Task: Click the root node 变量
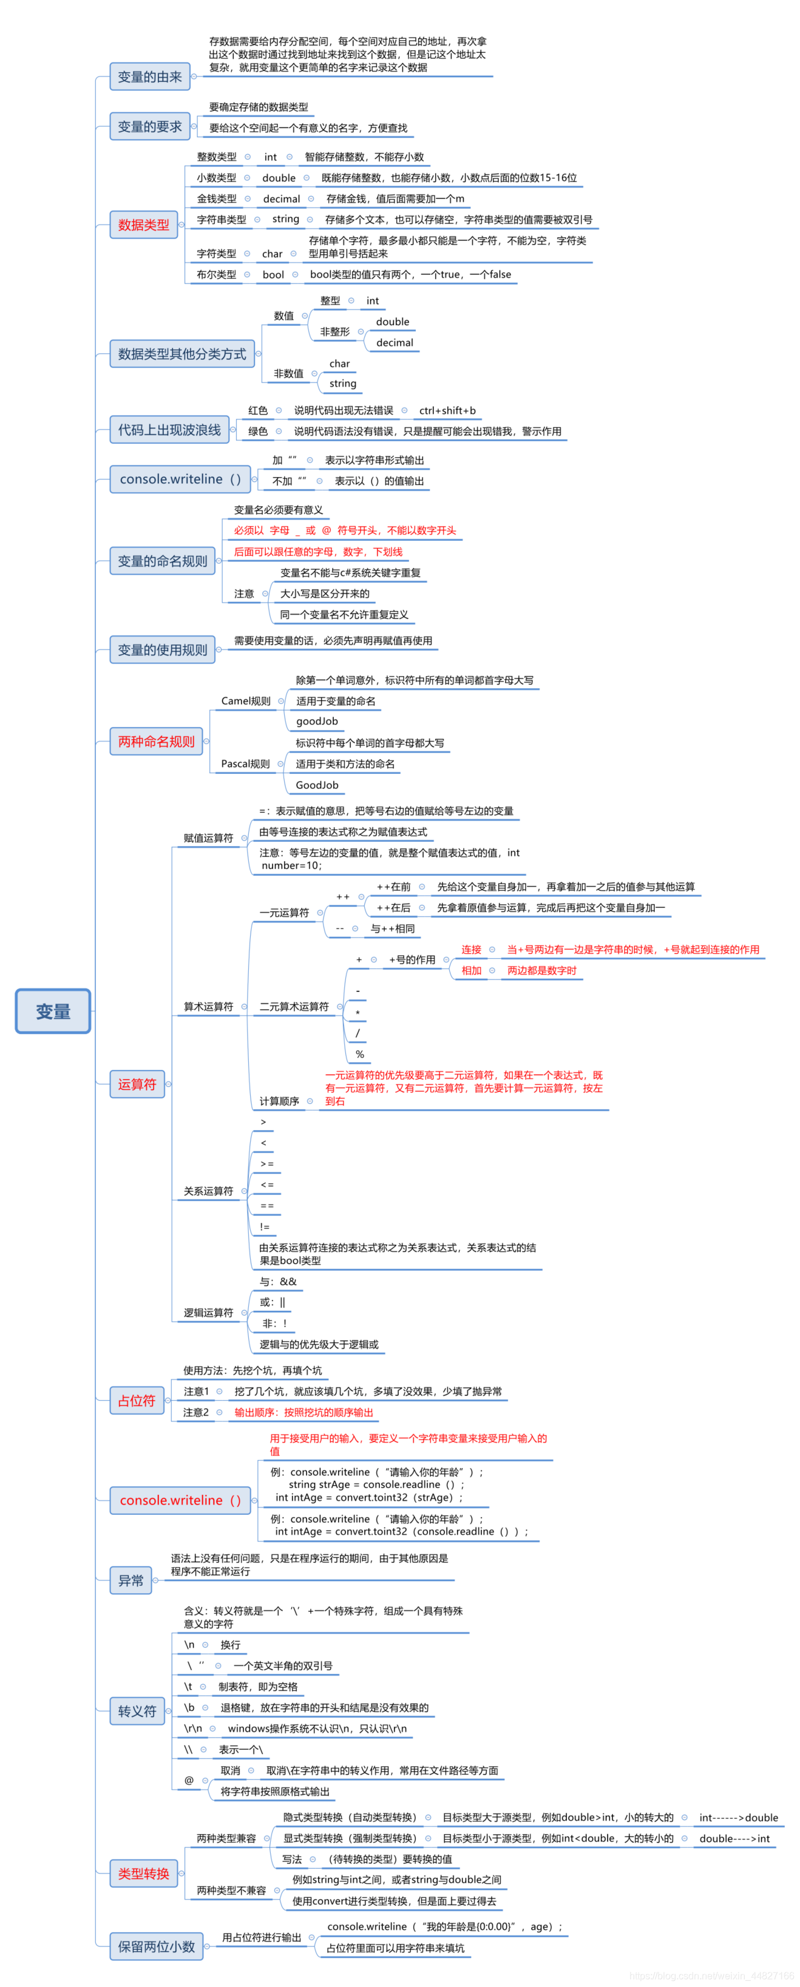point(52,1010)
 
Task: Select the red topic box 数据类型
point(143,225)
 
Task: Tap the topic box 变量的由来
point(150,76)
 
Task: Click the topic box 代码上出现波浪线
point(169,430)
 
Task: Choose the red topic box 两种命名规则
point(156,740)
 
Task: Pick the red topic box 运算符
point(137,1084)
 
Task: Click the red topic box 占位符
point(137,1400)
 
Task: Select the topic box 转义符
point(137,1711)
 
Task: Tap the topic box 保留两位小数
point(156,1946)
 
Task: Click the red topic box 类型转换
point(143,1873)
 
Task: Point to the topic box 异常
point(131,1580)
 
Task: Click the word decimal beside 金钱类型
point(282,198)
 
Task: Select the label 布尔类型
point(216,274)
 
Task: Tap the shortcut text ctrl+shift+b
point(447,410)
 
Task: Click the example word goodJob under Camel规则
point(317,721)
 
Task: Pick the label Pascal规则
point(245,763)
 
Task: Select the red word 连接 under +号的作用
point(472,950)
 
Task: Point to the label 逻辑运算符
point(208,1312)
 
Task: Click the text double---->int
point(734,1838)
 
